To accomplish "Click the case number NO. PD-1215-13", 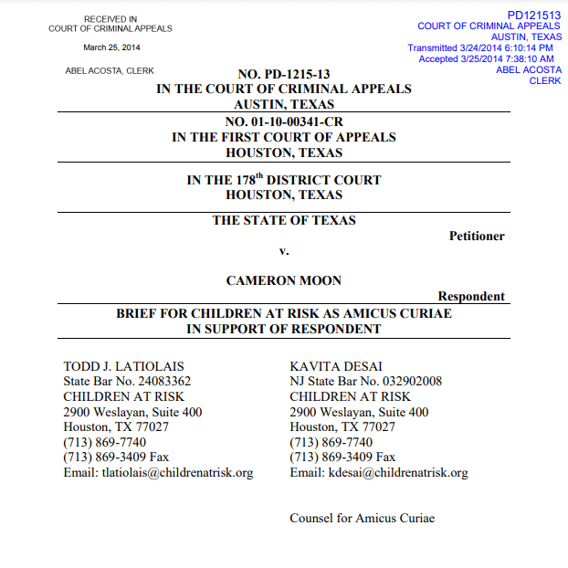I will [283, 74].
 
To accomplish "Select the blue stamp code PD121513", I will [534, 15].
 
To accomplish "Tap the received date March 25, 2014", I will [111, 47].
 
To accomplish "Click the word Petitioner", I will [477, 237].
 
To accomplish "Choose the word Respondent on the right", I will [471, 296].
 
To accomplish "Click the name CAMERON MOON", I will [284, 280].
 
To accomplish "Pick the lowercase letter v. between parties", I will [284, 251].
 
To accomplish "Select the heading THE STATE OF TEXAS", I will [284, 220].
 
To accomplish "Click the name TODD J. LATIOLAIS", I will [121, 366].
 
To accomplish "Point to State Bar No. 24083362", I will [127, 382].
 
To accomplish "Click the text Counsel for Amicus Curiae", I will [362, 519].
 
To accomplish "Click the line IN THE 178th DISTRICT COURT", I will [284, 180].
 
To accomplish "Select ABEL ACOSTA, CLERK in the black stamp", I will [110, 70].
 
